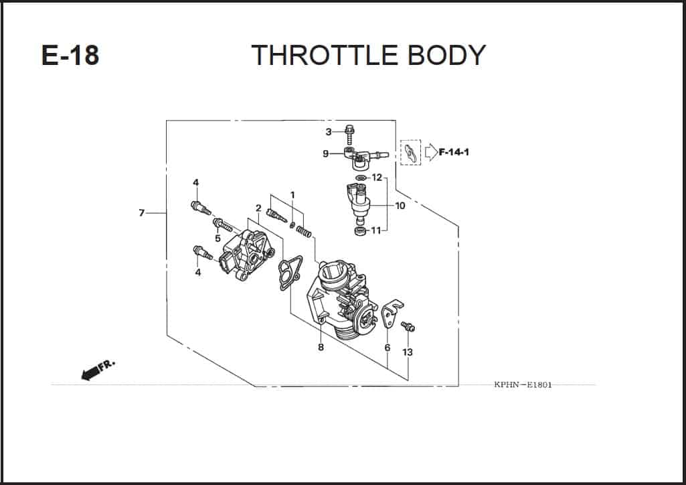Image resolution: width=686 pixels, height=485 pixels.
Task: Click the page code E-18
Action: point(70,56)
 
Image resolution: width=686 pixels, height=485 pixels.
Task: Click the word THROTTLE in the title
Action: point(324,55)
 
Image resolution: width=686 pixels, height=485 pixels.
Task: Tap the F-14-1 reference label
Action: point(454,152)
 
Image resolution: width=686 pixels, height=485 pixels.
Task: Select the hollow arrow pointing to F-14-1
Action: point(431,152)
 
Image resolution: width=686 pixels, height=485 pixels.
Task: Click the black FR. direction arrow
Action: point(90,373)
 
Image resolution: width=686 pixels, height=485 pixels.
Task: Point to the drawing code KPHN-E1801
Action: point(523,385)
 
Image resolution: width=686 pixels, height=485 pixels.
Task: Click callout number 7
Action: point(141,213)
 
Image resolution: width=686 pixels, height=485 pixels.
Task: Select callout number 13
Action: point(408,352)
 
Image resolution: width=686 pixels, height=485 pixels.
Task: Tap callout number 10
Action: point(400,206)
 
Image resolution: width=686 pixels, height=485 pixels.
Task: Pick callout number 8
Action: point(321,347)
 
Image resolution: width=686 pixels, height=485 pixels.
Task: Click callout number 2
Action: point(258,208)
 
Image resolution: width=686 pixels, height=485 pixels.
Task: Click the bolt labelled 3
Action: point(349,135)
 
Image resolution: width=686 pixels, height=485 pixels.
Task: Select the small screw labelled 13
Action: point(408,326)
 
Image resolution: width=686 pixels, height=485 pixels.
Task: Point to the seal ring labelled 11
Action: point(360,230)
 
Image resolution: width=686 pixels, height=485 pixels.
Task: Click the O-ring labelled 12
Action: point(361,178)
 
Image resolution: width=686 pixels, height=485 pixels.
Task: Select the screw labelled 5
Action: point(223,226)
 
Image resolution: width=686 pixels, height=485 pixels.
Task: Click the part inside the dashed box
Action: point(410,153)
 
